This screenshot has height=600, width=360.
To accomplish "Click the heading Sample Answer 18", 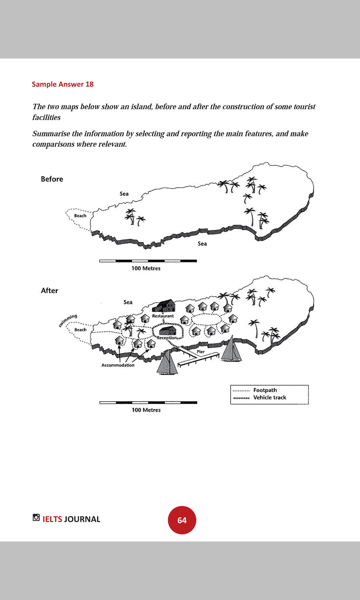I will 63,84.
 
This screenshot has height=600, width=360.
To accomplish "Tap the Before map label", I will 52,179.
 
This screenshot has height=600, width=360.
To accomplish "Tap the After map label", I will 49,291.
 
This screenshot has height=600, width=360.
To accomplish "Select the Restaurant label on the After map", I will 163,316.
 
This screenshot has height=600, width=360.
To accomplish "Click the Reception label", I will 167,337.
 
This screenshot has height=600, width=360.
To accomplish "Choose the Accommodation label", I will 118,365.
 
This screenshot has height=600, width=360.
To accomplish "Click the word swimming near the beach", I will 68,321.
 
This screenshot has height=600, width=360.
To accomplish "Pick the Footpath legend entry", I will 265,390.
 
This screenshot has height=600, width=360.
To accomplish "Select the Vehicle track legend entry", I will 270,397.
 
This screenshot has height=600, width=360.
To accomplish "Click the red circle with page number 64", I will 182,520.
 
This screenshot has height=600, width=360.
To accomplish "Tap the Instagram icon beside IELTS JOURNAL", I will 36,518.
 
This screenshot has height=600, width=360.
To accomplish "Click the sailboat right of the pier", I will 232,349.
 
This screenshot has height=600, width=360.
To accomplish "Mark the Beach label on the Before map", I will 80,216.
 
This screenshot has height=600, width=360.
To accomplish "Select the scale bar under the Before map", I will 148,261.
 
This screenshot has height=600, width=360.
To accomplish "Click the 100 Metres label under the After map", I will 146,410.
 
